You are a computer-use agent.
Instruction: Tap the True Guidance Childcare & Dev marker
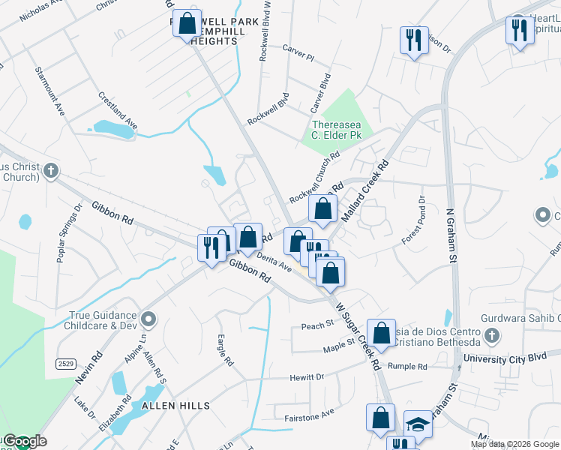click(148, 320)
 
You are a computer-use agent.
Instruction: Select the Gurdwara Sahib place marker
click(492, 335)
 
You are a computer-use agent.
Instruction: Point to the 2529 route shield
click(66, 364)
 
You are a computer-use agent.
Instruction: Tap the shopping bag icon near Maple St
click(381, 332)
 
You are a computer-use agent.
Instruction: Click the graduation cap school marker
click(418, 424)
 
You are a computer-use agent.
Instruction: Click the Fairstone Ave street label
click(308, 415)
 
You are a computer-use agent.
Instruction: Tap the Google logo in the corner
click(24, 441)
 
